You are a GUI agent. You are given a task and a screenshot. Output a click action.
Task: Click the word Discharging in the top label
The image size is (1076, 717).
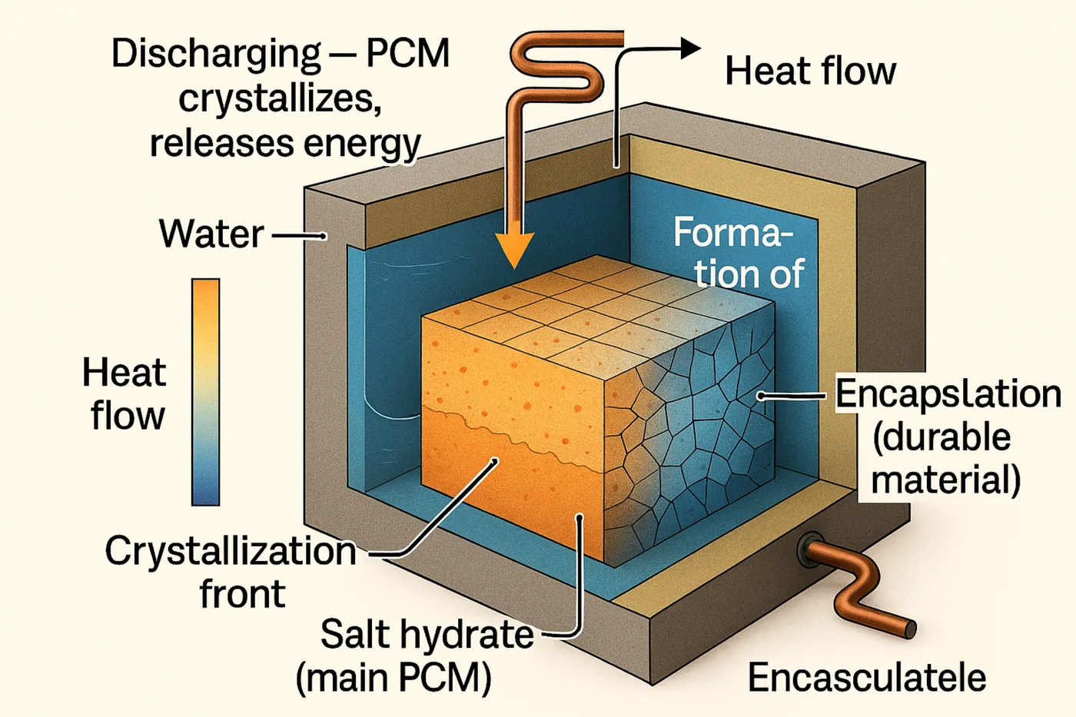215,55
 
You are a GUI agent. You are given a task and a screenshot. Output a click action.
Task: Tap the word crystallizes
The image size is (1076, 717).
281,99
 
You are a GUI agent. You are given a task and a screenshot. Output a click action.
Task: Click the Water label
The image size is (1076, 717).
211,234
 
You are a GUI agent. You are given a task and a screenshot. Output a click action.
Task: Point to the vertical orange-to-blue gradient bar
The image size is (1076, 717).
205,391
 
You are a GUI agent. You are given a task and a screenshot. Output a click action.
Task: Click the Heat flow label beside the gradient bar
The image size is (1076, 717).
125,394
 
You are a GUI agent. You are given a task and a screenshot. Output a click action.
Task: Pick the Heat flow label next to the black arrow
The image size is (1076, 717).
810,71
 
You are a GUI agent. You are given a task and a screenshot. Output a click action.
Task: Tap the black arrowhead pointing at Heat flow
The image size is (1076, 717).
689,48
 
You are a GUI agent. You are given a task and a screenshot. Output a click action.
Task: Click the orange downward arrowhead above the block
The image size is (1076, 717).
513,248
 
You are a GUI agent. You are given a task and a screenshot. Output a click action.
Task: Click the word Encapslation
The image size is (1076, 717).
948,393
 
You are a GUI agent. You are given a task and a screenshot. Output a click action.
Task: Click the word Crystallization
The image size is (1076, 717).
231,551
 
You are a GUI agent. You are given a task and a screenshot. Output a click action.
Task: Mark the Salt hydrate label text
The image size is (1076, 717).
427,635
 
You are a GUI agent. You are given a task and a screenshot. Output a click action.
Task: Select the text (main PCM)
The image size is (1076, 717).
394,678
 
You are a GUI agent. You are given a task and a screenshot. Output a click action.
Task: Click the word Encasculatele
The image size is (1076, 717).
867,678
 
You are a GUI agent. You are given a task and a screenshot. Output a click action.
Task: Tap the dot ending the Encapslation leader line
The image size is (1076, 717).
761,397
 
